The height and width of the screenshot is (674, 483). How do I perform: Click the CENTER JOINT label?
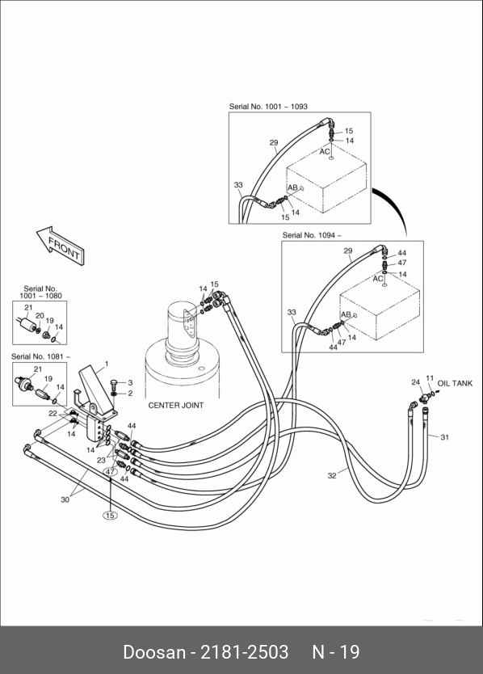click(176, 406)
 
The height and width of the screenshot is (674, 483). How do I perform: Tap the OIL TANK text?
click(455, 383)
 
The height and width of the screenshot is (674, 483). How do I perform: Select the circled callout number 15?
click(111, 515)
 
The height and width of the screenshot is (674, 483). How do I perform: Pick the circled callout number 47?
click(111, 471)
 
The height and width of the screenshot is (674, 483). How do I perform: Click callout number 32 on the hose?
click(332, 476)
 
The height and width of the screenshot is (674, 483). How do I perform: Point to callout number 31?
click(445, 437)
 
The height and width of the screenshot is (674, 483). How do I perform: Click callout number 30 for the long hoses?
click(65, 499)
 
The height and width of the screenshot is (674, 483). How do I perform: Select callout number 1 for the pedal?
click(107, 364)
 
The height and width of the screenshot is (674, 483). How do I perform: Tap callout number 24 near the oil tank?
click(415, 382)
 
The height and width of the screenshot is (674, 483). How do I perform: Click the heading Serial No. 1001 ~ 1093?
click(268, 106)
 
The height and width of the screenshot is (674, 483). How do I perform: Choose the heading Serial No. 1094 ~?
click(312, 235)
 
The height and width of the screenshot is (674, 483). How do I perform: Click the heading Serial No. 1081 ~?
click(40, 356)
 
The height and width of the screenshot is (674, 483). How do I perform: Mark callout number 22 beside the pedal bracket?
click(52, 414)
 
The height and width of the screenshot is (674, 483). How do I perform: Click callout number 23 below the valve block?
click(101, 461)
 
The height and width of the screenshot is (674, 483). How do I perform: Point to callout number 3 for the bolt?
click(130, 382)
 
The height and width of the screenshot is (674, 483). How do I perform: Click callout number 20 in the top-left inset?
click(40, 316)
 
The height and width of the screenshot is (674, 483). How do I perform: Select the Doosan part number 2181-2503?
click(245, 652)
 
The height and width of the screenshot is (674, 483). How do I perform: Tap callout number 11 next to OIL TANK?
click(430, 378)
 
